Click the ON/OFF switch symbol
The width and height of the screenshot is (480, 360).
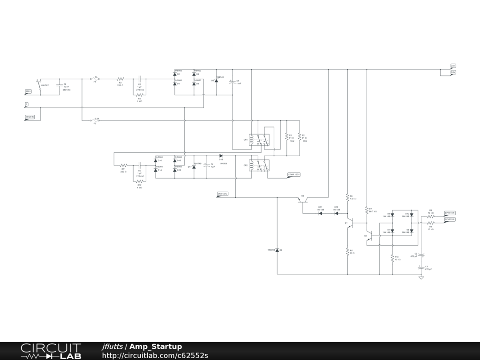[x=40, y=85]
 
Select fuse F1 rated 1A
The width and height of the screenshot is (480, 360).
[x=95, y=79]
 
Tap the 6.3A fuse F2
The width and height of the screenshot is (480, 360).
[x=95, y=121]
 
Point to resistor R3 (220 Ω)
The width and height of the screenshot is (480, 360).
[x=120, y=79]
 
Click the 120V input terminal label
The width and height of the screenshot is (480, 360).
[x=28, y=91]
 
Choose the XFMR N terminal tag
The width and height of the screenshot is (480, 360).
[x=30, y=117]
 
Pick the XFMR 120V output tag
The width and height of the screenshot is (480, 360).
[x=293, y=175]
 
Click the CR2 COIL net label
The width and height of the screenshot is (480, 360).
[x=222, y=194]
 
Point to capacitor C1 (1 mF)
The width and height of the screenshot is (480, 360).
[x=232, y=82]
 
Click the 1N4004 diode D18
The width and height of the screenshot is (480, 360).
[x=221, y=156]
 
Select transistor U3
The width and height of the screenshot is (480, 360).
[x=302, y=199]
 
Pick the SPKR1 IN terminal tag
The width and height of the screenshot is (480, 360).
[x=450, y=213]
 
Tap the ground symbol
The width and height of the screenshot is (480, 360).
[x=421, y=277]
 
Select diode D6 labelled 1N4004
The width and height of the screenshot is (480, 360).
[x=277, y=250]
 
